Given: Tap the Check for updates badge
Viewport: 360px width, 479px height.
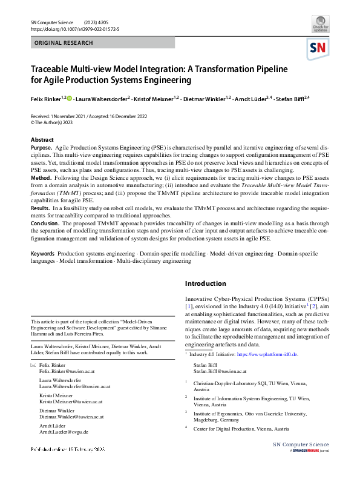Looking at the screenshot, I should [321, 24].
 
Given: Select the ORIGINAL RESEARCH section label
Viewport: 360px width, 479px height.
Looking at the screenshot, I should [64, 44].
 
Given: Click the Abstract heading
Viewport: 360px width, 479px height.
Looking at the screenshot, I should [42, 140].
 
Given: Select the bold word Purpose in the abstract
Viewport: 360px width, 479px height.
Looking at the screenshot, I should [41, 148].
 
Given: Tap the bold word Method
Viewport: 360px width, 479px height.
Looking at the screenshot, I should [41, 178].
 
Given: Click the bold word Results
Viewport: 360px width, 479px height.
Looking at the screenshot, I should [41, 208].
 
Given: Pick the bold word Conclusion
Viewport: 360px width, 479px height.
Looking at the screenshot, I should [45, 223].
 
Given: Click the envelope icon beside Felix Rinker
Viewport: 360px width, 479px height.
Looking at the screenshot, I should [33, 366].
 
